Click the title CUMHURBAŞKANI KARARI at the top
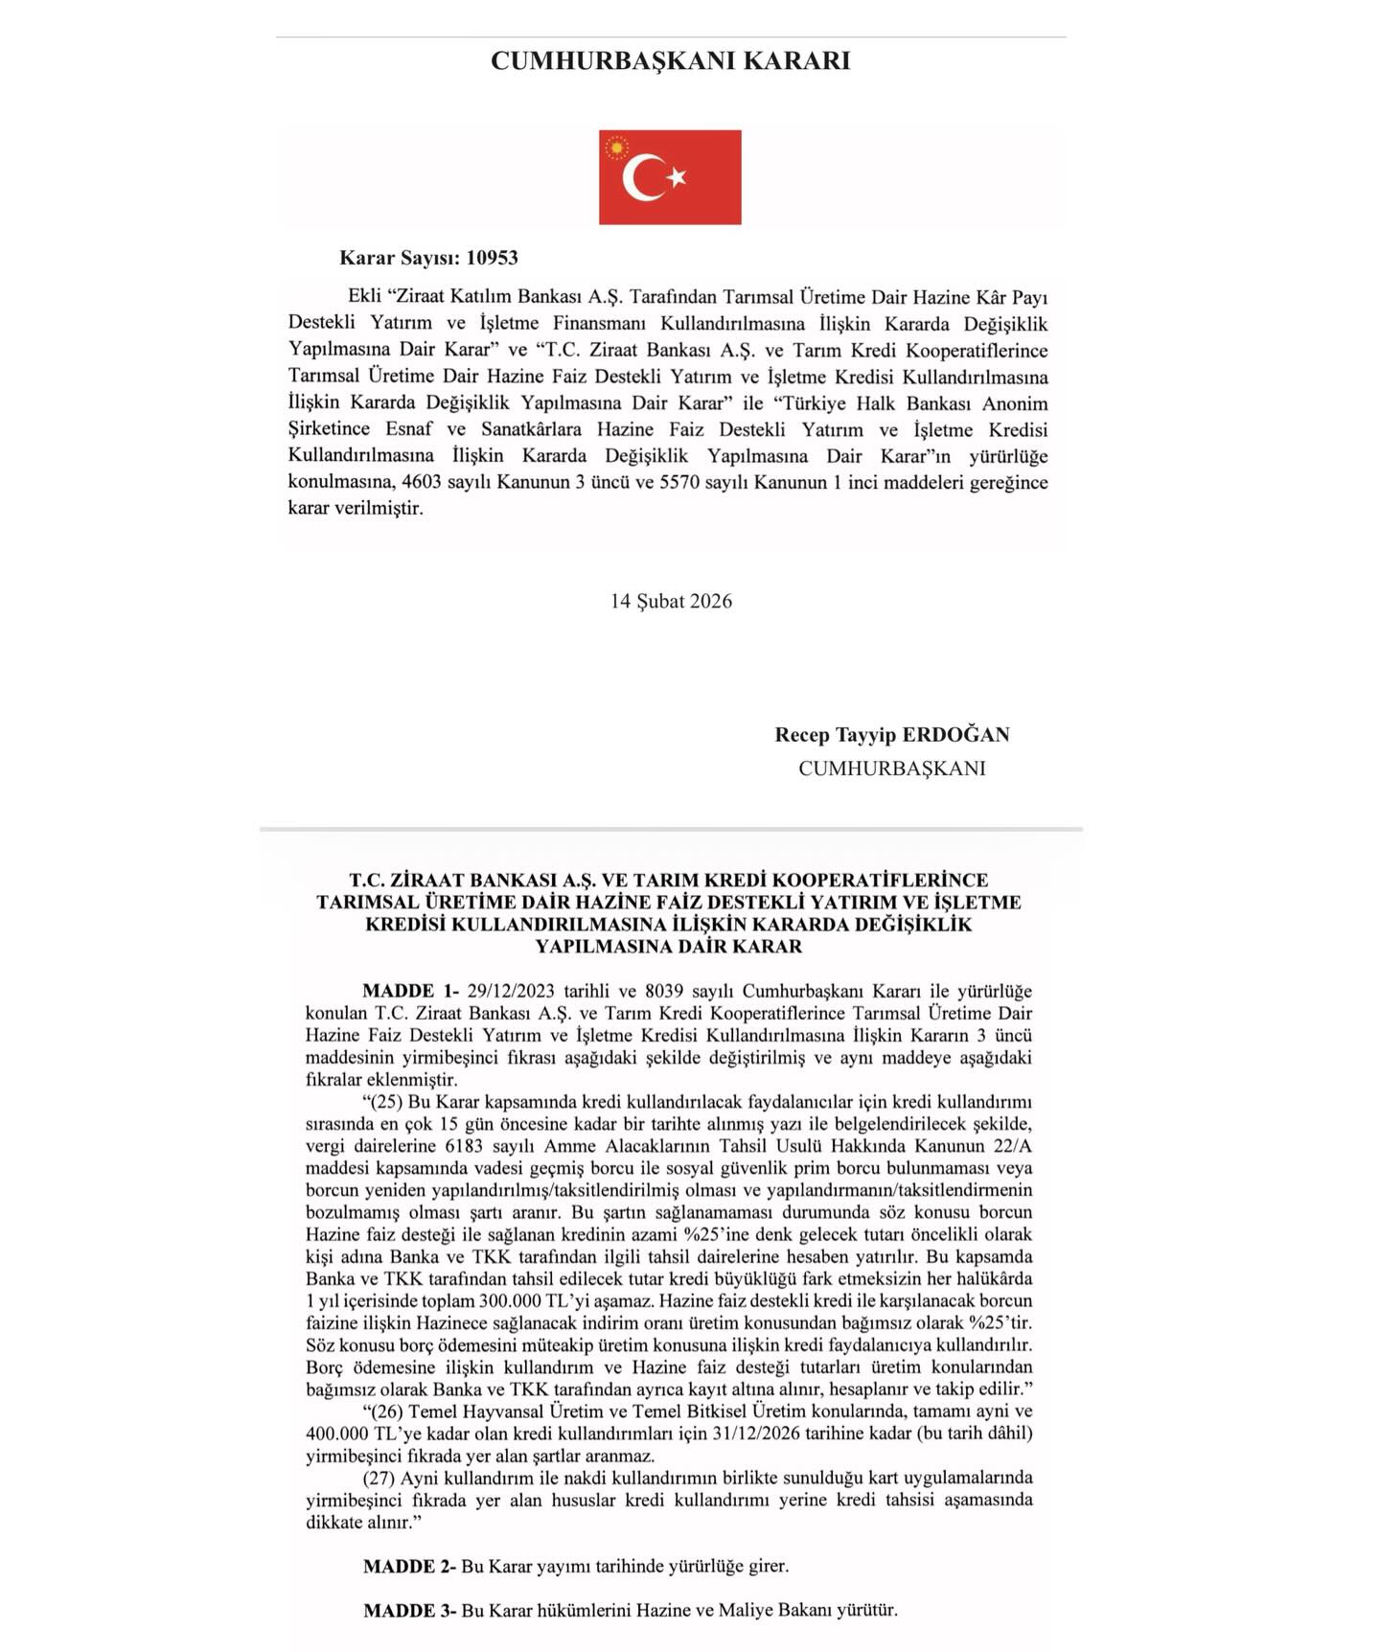(x=670, y=60)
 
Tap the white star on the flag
(x=677, y=176)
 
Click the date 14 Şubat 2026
(x=671, y=601)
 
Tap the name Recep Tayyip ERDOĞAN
(x=892, y=735)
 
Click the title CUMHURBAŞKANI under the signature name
(x=892, y=769)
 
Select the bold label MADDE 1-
(x=411, y=991)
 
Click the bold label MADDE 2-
(x=410, y=1567)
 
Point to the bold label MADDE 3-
(x=410, y=1611)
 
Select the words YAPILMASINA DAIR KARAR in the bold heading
(x=669, y=947)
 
